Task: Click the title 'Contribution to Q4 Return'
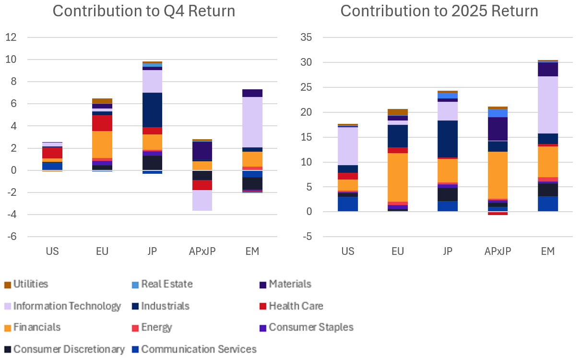144,11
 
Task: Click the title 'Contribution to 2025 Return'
439,11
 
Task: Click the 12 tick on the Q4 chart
11,37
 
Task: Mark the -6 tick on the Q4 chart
11,237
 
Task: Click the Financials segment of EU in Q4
102,144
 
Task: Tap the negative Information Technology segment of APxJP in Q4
202,200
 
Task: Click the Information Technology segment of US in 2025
348,146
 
